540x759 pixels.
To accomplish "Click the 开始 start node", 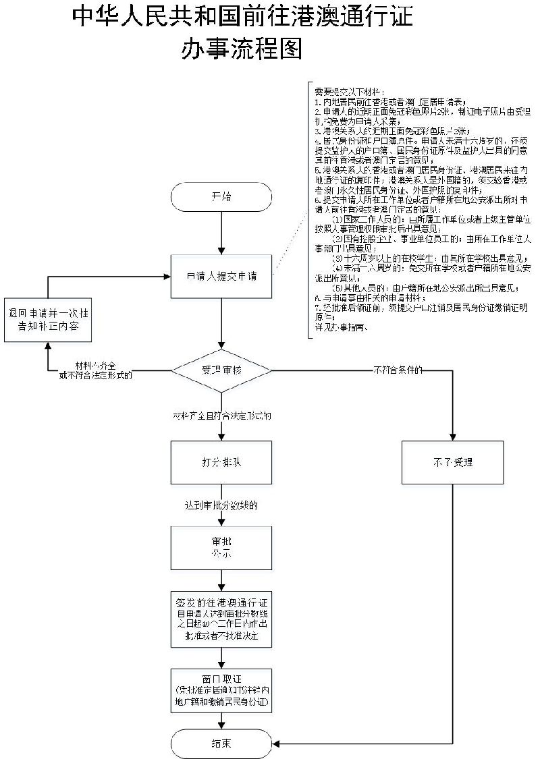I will (221, 197).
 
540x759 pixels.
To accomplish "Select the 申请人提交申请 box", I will (221, 276).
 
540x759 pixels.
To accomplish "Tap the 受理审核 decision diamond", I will (221, 370).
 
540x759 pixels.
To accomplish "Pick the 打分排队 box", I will (221, 462).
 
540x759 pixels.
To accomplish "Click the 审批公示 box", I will (221, 546).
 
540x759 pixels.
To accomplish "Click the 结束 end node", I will (221, 743).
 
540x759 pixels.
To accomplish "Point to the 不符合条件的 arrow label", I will (398, 370).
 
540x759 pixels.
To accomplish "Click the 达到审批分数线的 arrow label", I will (221, 505).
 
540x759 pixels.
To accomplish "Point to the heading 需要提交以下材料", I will (350, 91).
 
